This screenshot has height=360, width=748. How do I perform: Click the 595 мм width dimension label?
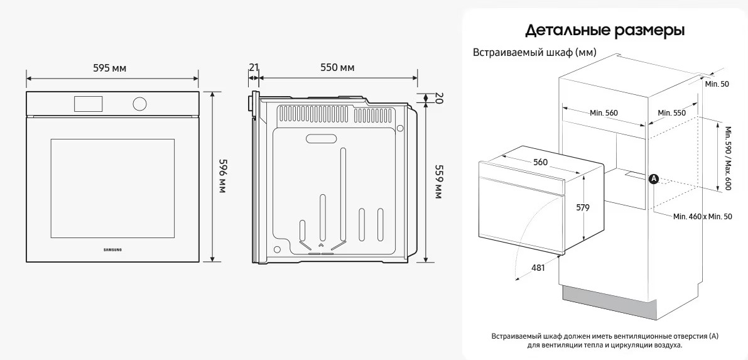(110, 68)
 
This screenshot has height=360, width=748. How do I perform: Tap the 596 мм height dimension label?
(222, 175)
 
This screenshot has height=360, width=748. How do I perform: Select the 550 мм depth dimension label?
(337, 68)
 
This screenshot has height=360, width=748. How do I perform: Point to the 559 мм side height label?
(438, 182)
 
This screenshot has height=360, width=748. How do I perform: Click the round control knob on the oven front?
(139, 104)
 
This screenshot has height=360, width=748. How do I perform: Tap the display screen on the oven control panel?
(89, 104)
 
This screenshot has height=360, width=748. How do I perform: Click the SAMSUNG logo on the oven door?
(112, 249)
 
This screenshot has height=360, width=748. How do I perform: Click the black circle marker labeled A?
(654, 178)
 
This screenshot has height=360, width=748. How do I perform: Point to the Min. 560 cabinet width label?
(604, 113)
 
